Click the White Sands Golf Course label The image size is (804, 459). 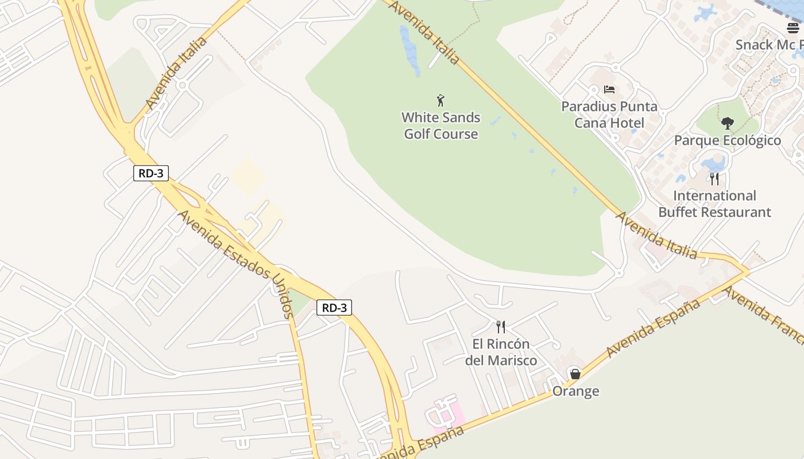point(440,126)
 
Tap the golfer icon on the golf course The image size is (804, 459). point(440,101)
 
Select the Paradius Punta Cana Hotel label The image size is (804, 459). point(609,115)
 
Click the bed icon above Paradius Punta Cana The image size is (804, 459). point(609,90)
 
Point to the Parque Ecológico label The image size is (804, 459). point(727,141)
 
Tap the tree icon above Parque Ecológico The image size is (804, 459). point(727,123)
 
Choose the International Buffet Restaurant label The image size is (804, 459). point(714,204)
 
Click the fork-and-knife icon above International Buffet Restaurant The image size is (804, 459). point(714,178)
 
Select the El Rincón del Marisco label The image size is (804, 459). point(501,352)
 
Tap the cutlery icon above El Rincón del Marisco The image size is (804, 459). point(501,327)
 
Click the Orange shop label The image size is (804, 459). point(575,391)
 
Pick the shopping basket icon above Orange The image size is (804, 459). point(575,374)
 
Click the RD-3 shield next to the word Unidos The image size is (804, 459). point(334,308)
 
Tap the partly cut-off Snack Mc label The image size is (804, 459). point(768,45)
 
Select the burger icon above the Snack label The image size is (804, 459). point(793,28)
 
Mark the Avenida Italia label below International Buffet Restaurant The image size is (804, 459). point(656,235)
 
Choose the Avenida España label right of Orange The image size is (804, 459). point(653,328)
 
